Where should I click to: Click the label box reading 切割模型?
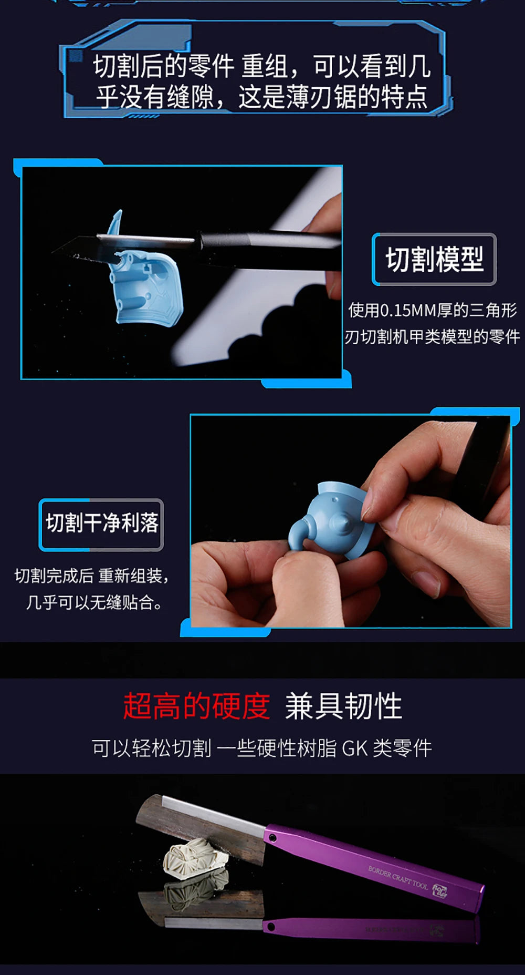(x=434, y=259)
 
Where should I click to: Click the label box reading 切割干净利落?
(x=101, y=524)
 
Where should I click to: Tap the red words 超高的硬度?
(x=197, y=706)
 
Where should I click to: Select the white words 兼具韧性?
(x=343, y=706)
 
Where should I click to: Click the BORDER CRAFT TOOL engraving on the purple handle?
(x=398, y=877)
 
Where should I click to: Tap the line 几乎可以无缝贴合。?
(x=94, y=602)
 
